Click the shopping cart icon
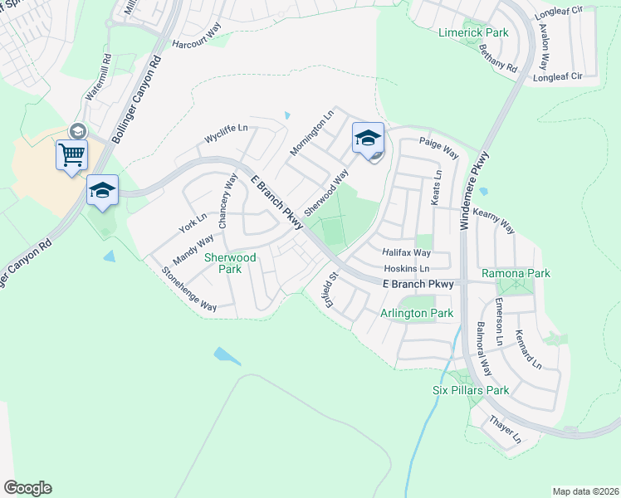point(71,154)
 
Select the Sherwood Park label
point(230,264)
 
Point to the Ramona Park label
point(516,274)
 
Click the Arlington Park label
point(417,313)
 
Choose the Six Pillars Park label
point(471,390)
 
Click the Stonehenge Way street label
point(188,289)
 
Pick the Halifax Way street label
point(407,252)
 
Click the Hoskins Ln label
point(407,269)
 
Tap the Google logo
point(27,488)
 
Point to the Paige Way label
point(439,149)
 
